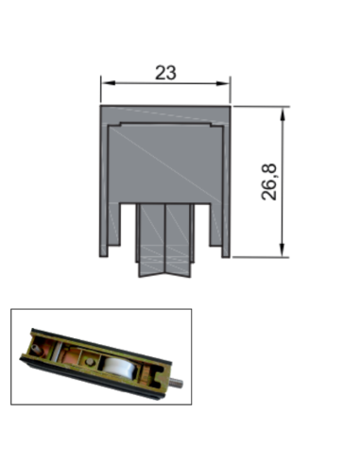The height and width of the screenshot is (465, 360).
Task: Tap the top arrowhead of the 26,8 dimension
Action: tap(282, 111)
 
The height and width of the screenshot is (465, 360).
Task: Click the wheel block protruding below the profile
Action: tap(166, 241)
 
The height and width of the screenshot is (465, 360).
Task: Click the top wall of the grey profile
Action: tap(166, 113)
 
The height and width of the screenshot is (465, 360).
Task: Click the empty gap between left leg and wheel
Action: tap(129, 236)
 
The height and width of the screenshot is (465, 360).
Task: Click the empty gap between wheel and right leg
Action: tap(208, 236)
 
